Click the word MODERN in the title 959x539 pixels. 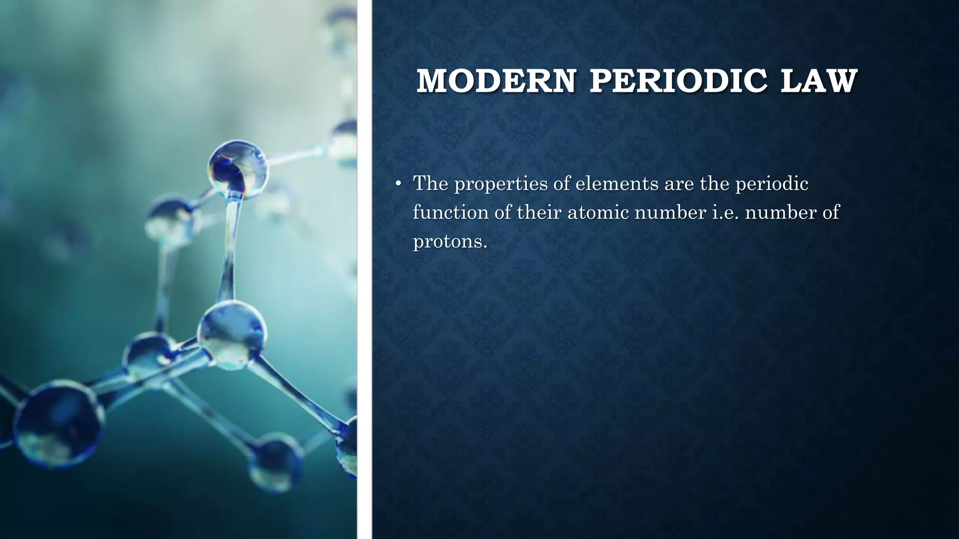pos(496,81)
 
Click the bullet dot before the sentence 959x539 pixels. pos(398,184)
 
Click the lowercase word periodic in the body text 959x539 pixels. pos(772,184)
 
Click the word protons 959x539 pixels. pos(450,241)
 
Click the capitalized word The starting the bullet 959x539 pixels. pos(430,183)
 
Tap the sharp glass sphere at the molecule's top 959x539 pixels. pos(238,168)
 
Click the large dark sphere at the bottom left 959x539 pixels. pos(59,423)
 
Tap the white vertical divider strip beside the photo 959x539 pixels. pos(364,269)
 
